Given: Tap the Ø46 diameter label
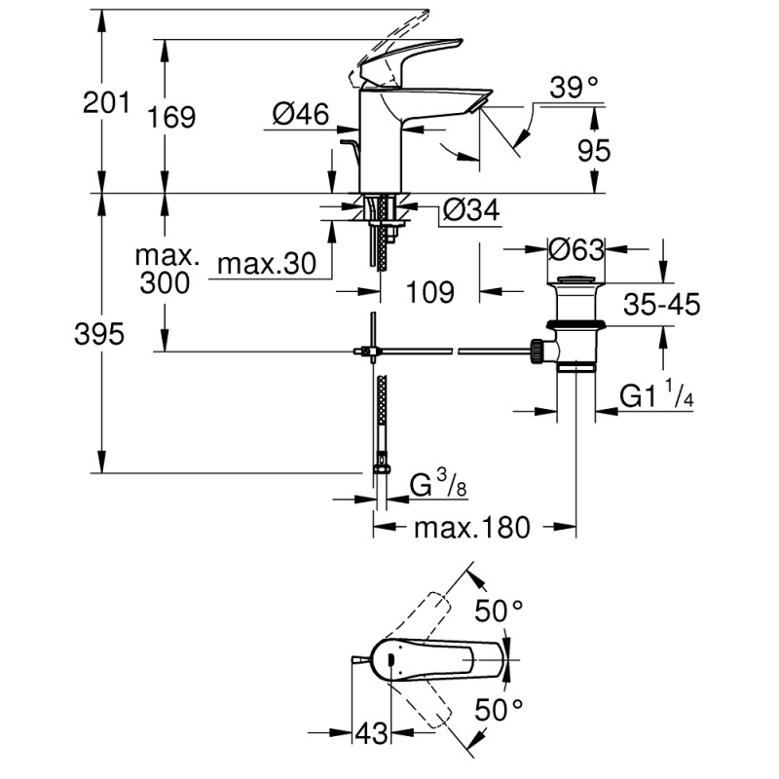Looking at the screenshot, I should pyautogui.click(x=299, y=115).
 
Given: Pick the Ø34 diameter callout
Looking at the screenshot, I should pyautogui.click(x=471, y=209).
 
